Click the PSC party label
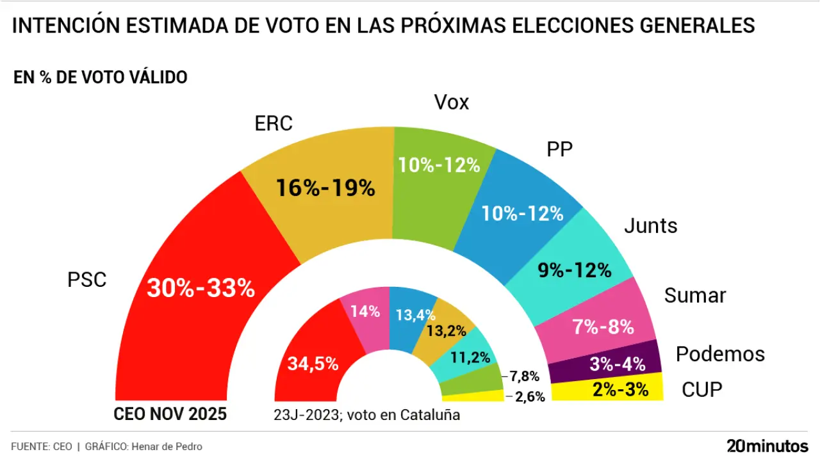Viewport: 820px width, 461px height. tap(86, 280)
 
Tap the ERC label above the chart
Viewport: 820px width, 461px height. tap(274, 124)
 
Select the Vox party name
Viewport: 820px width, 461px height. tap(452, 102)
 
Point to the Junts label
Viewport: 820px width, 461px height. tap(650, 226)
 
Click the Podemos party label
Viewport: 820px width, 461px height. tap(720, 354)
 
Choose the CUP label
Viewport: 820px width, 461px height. tap(701, 389)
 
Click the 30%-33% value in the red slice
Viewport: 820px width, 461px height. tap(201, 289)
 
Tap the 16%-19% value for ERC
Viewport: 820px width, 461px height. tap(325, 188)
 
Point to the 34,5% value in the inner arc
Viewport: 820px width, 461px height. tap(313, 364)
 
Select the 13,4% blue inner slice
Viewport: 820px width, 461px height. tap(415, 314)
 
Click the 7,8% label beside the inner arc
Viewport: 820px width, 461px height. tap(523, 376)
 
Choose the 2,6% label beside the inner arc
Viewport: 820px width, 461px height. tap(529, 397)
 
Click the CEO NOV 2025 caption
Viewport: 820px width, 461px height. tap(170, 414)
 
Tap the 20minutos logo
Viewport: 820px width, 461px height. tap(767, 446)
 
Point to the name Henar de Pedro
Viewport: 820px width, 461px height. tap(167, 446)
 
